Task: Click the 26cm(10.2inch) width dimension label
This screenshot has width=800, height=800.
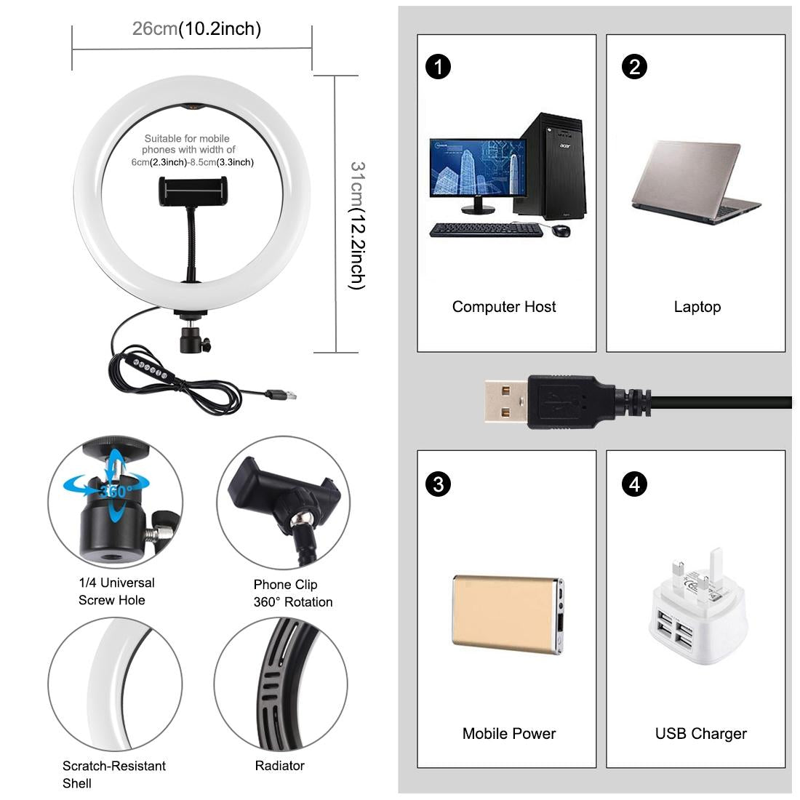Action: (x=196, y=29)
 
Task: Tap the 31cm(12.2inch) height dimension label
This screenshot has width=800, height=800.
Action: (x=357, y=225)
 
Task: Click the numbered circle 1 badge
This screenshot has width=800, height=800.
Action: (x=438, y=67)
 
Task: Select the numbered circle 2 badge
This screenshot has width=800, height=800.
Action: (x=634, y=67)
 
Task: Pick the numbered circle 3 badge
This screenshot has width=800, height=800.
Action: (x=438, y=484)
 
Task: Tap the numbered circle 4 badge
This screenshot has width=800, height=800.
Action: (x=634, y=484)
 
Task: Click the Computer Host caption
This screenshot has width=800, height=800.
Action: (x=504, y=307)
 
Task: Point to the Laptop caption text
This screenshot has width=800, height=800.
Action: (x=697, y=307)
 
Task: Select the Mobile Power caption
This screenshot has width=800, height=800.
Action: (x=509, y=734)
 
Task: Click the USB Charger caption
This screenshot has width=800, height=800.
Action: (x=700, y=734)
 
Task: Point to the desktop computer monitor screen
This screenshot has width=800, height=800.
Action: (x=477, y=167)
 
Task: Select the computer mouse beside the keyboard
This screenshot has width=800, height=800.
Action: (x=561, y=231)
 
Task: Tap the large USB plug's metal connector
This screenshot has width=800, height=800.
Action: (x=505, y=402)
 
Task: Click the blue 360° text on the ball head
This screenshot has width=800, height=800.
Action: (x=116, y=491)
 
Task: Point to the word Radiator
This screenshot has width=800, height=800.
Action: (x=279, y=766)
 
